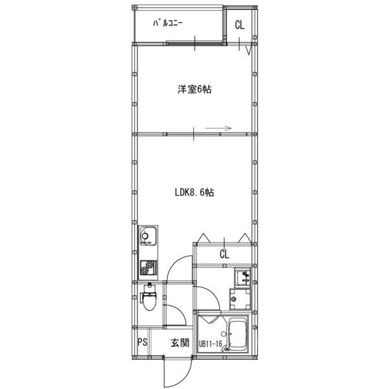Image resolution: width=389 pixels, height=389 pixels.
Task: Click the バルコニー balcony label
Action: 167,23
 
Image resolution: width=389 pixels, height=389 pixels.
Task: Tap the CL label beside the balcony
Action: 240,26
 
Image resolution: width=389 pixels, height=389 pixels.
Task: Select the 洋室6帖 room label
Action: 194,90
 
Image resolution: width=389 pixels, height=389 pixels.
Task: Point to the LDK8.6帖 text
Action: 194,193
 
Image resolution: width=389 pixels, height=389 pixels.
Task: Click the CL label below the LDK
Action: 224,254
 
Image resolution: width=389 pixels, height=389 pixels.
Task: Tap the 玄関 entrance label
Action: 180,343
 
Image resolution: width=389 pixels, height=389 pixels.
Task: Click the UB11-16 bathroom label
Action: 211,344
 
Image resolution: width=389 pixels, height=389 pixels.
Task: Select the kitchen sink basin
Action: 148,235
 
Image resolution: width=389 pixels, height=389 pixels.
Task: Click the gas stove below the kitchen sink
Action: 148,266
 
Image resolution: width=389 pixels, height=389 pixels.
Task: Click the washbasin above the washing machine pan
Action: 242,278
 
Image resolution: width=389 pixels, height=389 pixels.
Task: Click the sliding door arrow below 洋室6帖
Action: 219,128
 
